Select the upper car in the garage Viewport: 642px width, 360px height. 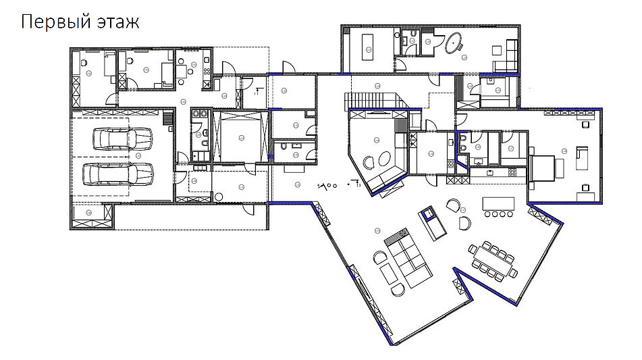122,139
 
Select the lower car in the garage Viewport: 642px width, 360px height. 118,174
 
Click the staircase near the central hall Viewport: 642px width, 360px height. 371,101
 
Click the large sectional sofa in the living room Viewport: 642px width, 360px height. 408,257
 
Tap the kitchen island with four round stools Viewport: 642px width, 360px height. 498,206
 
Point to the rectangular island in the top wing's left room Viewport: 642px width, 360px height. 367,47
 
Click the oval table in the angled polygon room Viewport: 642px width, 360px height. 385,159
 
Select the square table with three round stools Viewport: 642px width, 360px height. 182,72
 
